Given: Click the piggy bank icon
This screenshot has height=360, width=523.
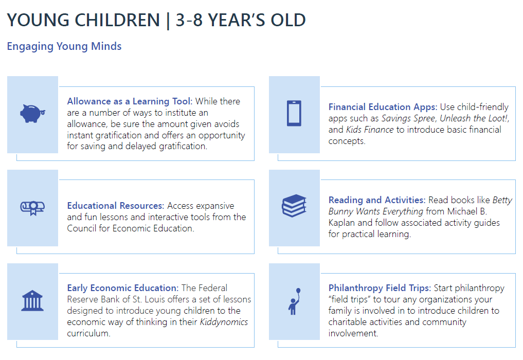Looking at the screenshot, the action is [32, 114].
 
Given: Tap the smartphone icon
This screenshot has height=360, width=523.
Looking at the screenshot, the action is [294, 113].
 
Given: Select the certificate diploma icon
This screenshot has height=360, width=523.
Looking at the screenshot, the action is [32, 208].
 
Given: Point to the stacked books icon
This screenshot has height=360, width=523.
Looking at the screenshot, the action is [294, 206].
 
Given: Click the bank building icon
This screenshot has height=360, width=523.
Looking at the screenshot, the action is [32, 301].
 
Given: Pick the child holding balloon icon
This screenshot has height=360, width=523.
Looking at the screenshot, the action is [294, 301].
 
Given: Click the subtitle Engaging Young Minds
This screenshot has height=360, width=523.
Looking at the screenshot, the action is [64, 46].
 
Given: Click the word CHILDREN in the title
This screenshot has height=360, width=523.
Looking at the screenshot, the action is [117, 20].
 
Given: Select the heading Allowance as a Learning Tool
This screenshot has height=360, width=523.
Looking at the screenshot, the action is [130, 101].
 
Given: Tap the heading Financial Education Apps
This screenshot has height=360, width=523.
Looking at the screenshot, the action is [383, 107].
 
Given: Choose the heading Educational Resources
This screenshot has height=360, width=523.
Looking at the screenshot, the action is [115, 206].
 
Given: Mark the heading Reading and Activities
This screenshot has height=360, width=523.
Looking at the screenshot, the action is [377, 200].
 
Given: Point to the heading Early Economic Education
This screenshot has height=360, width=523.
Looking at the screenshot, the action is [123, 288].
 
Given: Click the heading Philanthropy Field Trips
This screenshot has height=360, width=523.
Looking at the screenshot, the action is [380, 288].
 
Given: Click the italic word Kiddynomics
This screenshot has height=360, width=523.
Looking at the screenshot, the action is [224, 322].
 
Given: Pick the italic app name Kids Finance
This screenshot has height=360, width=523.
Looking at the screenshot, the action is [370, 130].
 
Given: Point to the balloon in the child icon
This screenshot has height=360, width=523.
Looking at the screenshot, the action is [298, 291].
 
